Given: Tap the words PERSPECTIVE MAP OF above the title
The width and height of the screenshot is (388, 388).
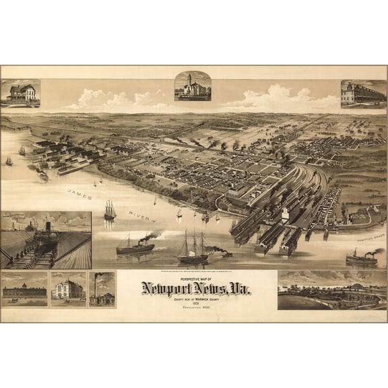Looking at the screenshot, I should point(194,277).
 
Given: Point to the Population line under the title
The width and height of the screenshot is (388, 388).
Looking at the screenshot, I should point(194,306).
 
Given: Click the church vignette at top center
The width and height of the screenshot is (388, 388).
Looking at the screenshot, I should point(193,86).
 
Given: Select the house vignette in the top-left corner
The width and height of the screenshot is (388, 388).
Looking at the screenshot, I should point(20,93).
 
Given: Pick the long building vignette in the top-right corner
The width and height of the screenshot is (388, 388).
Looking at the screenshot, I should point(363,94).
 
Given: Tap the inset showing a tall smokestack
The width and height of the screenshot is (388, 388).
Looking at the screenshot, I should point(102,289).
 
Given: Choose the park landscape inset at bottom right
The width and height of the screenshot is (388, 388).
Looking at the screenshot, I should point(332,290).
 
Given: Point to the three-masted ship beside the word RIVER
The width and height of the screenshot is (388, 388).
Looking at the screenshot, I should point(110,211).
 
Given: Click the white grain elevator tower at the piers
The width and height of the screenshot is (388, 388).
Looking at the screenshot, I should point(286,215).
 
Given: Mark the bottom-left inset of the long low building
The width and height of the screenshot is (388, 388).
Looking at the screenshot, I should point(24,289).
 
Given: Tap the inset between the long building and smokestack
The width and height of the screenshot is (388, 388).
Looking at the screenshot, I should point(68,289).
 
